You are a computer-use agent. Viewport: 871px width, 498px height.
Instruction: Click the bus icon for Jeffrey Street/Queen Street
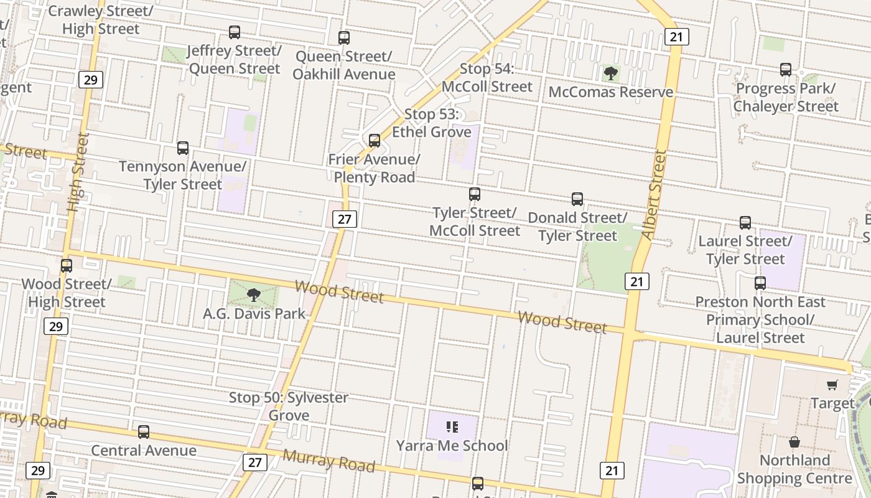(235, 32)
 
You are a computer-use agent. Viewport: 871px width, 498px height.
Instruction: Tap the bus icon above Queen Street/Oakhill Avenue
(344, 38)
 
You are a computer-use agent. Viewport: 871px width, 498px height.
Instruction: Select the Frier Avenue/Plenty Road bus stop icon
(374, 141)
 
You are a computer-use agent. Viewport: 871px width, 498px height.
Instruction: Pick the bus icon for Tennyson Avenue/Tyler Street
(182, 148)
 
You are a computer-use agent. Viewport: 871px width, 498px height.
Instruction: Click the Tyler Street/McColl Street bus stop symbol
(475, 194)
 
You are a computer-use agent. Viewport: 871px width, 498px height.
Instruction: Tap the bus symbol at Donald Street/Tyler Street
(577, 199)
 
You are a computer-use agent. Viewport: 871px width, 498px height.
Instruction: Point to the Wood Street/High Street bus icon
(67, 266)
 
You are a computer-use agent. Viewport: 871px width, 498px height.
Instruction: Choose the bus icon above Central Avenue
(144, 432)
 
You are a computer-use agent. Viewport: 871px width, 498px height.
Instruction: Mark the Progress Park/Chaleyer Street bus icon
(786, 70)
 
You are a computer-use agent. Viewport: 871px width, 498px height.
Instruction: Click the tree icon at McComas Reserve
(611, 74)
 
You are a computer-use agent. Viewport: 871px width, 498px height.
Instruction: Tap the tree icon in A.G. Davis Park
(253, 295)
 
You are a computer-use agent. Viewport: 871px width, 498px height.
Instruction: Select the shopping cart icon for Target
(832, 385)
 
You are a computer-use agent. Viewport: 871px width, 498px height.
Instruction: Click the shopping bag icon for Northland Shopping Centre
(794, 442)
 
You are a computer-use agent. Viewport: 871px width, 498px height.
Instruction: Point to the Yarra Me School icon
(452, 427)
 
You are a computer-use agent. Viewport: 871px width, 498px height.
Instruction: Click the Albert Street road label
(654, 194)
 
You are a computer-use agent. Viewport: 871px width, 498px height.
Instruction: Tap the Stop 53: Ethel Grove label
(431, 123)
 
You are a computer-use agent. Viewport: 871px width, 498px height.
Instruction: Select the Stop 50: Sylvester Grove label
(289, 406)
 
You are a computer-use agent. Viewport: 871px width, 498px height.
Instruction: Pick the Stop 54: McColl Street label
(487, 78)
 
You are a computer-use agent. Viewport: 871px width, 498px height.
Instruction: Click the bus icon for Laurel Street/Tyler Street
(745, 223)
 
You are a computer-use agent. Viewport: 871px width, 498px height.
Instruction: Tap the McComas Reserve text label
(611, 92)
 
